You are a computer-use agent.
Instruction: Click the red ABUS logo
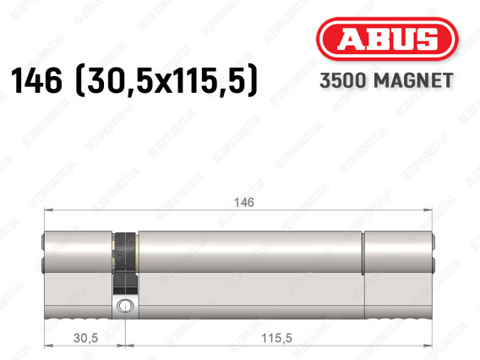pos(387,39)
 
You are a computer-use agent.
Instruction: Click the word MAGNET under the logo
pos(413,80)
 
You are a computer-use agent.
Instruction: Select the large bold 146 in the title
pos(36,80)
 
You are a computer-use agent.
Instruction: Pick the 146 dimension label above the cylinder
pos(244,202)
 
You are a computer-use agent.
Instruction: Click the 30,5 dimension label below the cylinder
pos(85,338)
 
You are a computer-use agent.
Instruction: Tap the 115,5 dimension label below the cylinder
pos(276,338)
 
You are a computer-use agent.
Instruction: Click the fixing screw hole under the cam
pos(125,306)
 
